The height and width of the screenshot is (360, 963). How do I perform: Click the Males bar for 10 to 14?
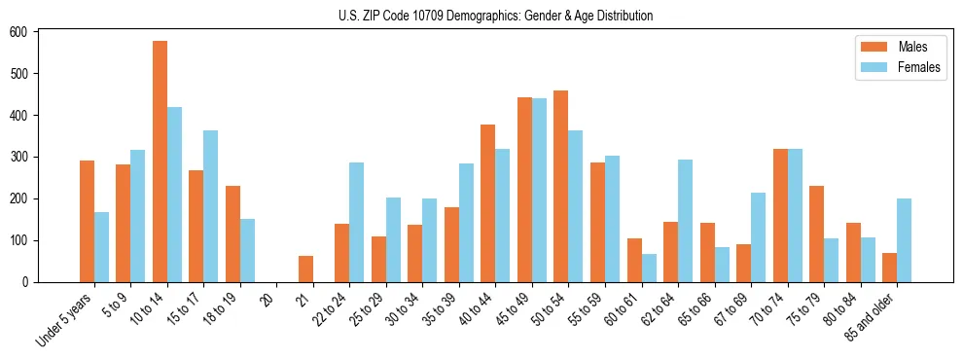(x=160, y=162)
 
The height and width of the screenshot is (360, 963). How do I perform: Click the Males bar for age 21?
(x=305, y=270)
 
